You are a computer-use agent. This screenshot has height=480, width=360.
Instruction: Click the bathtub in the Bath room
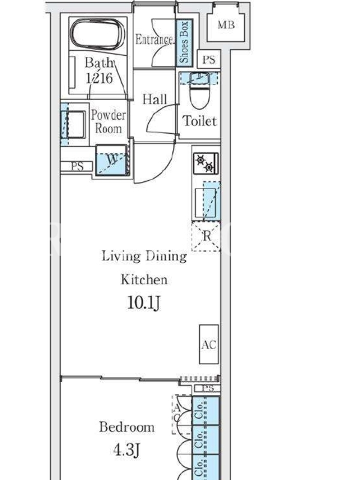[98, 34]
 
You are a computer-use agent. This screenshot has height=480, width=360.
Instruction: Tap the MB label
[226, 25]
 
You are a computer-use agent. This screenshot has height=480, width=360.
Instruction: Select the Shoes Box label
[184, 42]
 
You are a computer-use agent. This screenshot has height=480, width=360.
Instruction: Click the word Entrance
[154, 40]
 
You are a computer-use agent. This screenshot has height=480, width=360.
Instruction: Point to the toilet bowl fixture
[199, 91]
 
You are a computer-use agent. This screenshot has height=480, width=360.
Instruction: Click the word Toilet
[200, 121]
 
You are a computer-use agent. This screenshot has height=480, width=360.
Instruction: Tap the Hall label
[155, 99]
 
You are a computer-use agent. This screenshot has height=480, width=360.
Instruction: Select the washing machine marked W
[112, 160]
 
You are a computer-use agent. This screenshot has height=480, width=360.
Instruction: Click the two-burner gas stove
[206, 163]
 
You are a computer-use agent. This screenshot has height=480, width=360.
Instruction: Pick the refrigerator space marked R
[206, 236]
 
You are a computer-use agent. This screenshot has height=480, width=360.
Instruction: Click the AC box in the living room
[209, 344]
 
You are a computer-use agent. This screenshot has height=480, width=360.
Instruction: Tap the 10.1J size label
[143, 303]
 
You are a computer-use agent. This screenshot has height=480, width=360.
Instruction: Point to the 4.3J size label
[126, 450]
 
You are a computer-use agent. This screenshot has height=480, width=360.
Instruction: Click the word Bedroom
[127, 427]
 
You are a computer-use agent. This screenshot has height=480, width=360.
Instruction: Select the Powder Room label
[108, 122]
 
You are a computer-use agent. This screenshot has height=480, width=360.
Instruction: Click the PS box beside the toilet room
[209, 59]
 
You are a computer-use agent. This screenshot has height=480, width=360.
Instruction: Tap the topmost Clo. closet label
[199, 411]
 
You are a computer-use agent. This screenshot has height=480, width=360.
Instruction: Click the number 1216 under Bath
[100, 78]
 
